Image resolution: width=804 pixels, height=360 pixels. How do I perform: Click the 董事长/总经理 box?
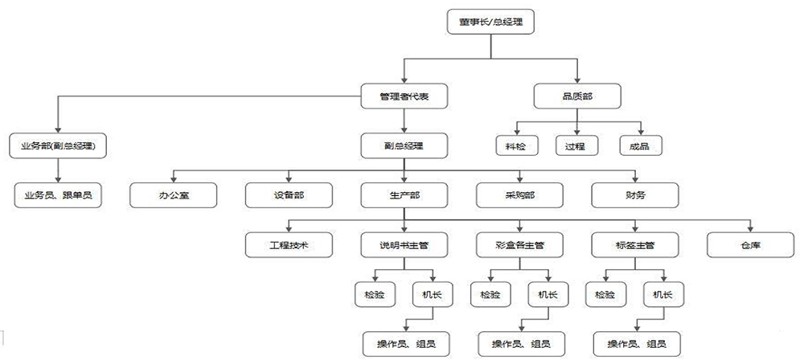pyautogui.click(x=490, y=22)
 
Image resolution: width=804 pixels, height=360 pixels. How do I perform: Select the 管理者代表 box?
pyautogui.click(x=404, y=96)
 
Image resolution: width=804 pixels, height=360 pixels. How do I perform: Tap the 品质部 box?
pyautogui.click(x=577, y=96)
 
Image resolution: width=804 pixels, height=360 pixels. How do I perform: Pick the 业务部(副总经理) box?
pyautogui.click(x=58, y=145)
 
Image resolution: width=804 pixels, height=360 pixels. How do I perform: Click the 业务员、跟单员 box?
pyautogui.click(x=58, y=195)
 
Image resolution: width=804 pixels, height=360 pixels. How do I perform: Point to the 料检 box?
pyautogui.click(x=517, y=145)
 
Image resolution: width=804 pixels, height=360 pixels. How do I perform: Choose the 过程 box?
pyautogui.click(x=577, y=145)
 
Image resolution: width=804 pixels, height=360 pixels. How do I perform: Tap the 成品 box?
pyautogui.click(x=641, y=145)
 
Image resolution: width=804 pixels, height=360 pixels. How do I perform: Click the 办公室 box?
pyautogui.click(x=174, y=195)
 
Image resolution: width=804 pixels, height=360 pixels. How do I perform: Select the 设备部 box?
pyautogui.click(x=289, y=195)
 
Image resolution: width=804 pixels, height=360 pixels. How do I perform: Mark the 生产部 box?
pyautogui.click(x=404, y=195)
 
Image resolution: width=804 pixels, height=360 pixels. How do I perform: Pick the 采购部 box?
pyautogui.click(x=519, y=195)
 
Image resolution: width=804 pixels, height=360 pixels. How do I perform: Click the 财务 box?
pyautogui.click(x=635, y=195)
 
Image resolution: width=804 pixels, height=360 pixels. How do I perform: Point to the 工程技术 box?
pyautogui.click(x=289, y=244)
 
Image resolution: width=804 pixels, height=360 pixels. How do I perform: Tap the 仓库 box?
pyautogui.click(x=750, y=244)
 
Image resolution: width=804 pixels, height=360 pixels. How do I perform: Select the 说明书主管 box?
pyautogui.click(x=404, y=244)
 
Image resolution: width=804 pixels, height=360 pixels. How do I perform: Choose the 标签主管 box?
pyautogui.click(x=635, y=244)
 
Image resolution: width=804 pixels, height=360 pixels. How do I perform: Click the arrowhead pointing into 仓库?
pyautogui.click(x=750, y=229)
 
